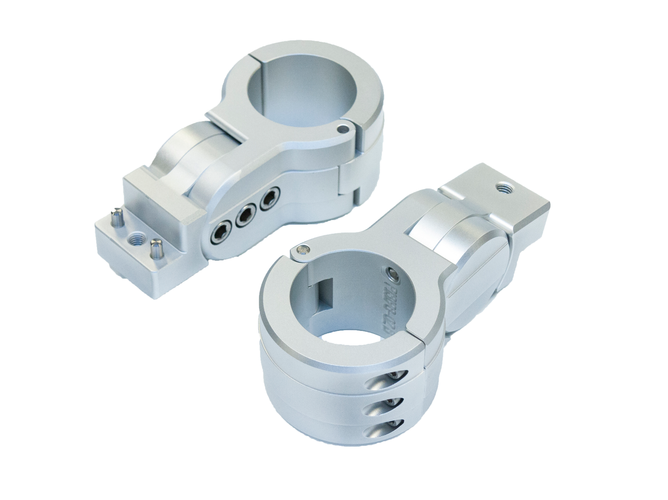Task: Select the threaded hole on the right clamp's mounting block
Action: click(502, 188)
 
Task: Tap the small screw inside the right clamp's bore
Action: click(393, 275)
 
